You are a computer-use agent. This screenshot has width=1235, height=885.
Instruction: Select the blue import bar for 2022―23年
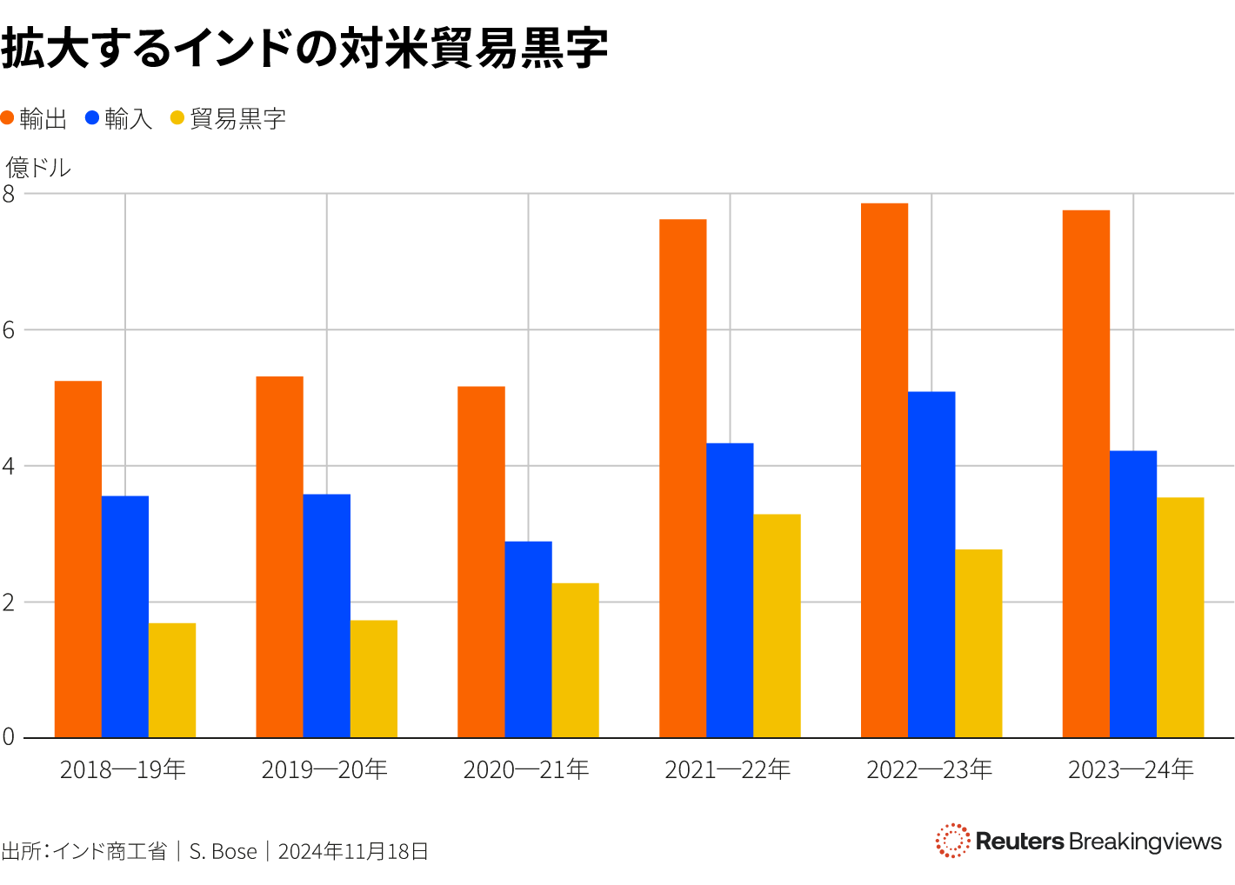pos(931,564)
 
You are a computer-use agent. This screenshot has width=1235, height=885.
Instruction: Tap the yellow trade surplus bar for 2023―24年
pos(1180,617)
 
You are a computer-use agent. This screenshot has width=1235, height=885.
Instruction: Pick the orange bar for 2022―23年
pos(885,470)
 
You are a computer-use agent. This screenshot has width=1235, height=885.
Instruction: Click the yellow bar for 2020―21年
pos(575,660)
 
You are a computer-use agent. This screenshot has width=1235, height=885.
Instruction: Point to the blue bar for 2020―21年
pos(528,639)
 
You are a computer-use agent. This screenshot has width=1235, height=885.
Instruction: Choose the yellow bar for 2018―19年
pos(172,680)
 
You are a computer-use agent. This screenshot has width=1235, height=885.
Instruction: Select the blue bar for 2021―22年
pos(730,590)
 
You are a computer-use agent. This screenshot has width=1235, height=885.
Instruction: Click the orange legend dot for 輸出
pos(8,118)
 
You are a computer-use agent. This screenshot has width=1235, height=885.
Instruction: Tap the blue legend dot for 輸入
pos(92,118)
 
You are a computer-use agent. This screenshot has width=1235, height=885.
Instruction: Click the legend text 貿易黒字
pos(237,119)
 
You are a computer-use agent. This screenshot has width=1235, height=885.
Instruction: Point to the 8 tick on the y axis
pos(9,194)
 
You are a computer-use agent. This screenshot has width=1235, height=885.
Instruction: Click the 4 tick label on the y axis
pos(9,466)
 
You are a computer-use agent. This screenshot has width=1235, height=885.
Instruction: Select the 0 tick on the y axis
pos(9,737)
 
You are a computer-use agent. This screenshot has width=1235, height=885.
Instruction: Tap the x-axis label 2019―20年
pos(324,769)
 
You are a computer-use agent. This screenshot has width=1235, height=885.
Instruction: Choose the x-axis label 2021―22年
pos(728,769)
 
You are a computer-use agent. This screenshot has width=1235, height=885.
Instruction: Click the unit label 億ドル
pos(38,167)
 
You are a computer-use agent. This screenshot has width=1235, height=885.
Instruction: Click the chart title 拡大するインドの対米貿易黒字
pos(304,48)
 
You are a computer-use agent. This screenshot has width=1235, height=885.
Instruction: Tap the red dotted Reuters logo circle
pos(952,841)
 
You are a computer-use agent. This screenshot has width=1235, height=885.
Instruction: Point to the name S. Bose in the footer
pos(224,851)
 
